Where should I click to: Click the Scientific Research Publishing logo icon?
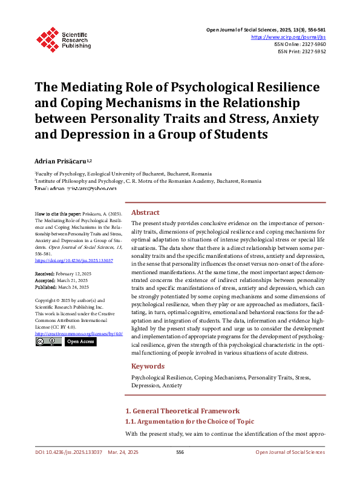click(46, 38)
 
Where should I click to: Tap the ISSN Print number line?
click(301, 52)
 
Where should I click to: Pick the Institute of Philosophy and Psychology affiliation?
click(148, 181)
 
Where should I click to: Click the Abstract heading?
click(145, 213)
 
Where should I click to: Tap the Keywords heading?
click(148, 366)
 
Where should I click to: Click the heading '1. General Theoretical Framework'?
click(182, 411)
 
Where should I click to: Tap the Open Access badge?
click(80, 341)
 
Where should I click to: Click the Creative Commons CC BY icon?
click(47, 341)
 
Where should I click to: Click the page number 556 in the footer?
click(180, 453)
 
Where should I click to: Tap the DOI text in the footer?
click(68, 453)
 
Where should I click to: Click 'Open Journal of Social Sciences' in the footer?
click(290, 453)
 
